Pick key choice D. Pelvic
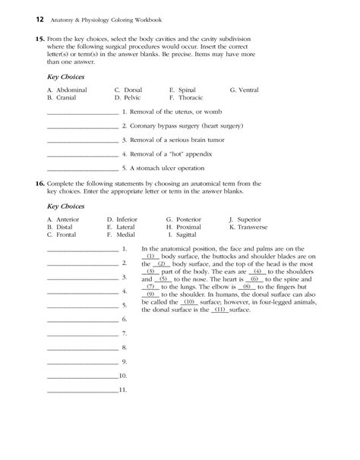pyautogui.click(x=128, y=97)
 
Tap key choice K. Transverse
pyautogui.click(x=249, y=226)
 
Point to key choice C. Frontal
pyautogui.click(x=65, y=234)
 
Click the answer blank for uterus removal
pyautogui.click(x=82, y=112)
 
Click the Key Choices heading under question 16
pyautogui.click(x=65, y=206)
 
